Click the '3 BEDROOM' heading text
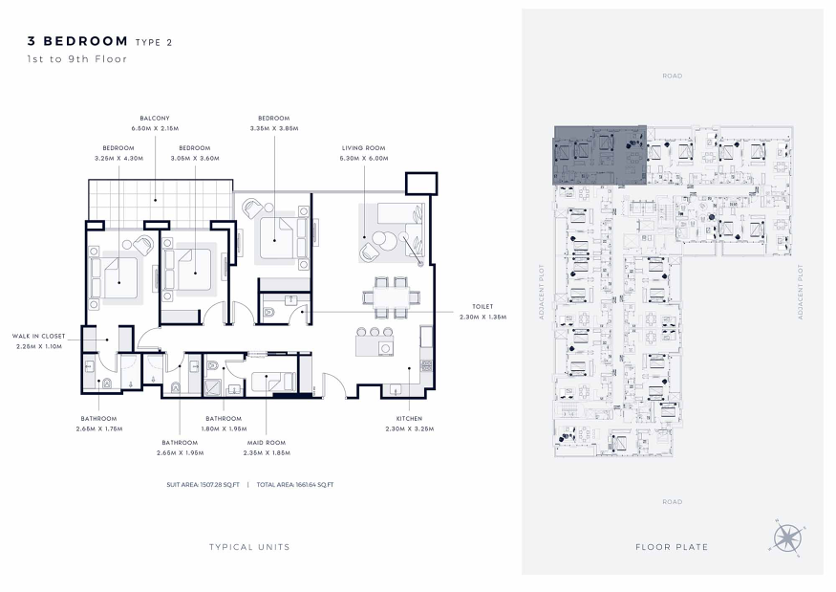pyautogui.click(x=77, y=41)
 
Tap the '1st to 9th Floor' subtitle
pyautogui.click(x=77, y=59)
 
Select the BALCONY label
pyautogui.click(x=155, y=118)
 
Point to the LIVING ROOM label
pyautogui.click(x=364, y=148)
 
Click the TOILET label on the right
pyautogui.click(x=482, y=306)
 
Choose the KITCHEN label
pyautogui.click(x=409, y=419)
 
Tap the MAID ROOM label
pyautogui.click(x=266, y=443)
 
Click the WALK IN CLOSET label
pyautogui.click(x=38, y=337)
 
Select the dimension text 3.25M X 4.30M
pyautogui.click(x=118, y=158)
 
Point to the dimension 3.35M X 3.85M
pyautogui.click(x=274, y=128)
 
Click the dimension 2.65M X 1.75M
pyautogui.click(x=99, y=428)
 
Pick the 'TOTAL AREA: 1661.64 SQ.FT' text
pyautogui.click(x=295, y=485)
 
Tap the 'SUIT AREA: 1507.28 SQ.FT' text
pyautogui.click(x=204, y=485)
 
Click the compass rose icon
pyautogui.click(x=788, y=538)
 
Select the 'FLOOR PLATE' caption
pyautogui.click(x=672, y=547)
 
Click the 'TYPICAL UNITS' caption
pyautogui.click(x=249, y=547)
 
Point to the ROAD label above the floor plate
pyautogui.click(x=673, y=76)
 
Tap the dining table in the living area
pyautogui.click(x=391, y=296)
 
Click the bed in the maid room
pyautogui.click(x=272, y=381)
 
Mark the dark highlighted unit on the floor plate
pyautogui.click(x=600, y=155)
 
